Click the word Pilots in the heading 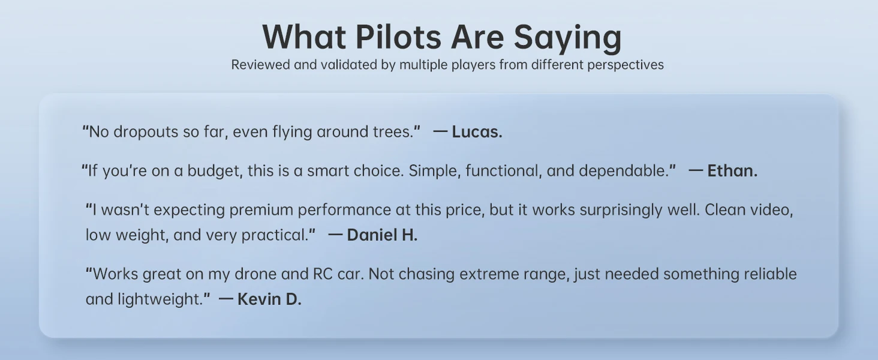click(x=398, y=37)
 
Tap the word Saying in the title click(x=567, y=38)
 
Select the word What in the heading click(x=304, y=37)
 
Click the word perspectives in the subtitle click(x=625, y=65)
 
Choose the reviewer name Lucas click(x=477, y=132)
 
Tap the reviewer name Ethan click(x=732, y=171)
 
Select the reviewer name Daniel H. click(x=382, y=235)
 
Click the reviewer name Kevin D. click(x=269, y=299)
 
